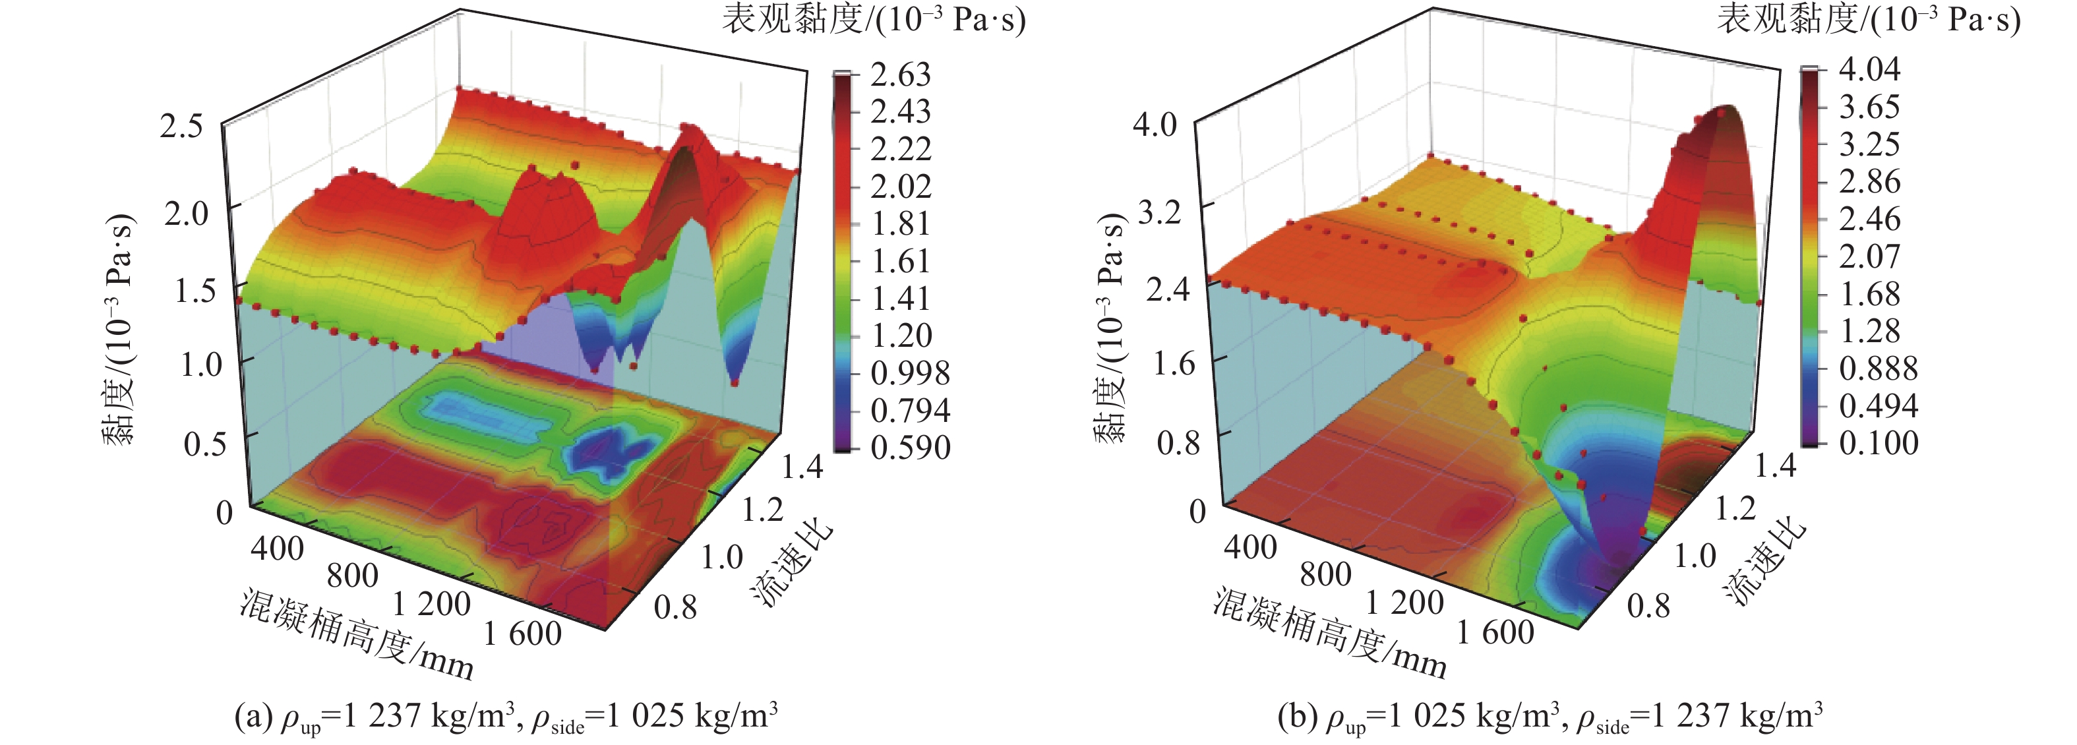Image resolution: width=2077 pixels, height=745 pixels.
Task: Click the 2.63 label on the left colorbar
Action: [900, 75]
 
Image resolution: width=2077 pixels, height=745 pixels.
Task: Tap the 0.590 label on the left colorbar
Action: [909, 448]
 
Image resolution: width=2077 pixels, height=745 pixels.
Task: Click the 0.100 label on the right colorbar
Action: [1878, 442]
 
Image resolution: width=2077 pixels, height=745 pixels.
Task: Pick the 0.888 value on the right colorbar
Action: [1878, 369]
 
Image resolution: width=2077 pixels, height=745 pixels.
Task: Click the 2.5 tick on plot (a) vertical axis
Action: [181, 126]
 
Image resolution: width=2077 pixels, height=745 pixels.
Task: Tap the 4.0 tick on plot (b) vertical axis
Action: [1155, 126]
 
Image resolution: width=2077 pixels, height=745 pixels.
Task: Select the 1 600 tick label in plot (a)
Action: [522, 634]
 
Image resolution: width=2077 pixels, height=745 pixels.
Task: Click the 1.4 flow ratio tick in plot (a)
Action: [801, 467]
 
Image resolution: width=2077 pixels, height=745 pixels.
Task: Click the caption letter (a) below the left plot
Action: [253, 716]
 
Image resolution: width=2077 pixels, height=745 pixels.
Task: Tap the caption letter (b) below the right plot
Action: [1296, 716]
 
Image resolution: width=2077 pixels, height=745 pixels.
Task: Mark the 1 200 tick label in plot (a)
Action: [431, 603]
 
